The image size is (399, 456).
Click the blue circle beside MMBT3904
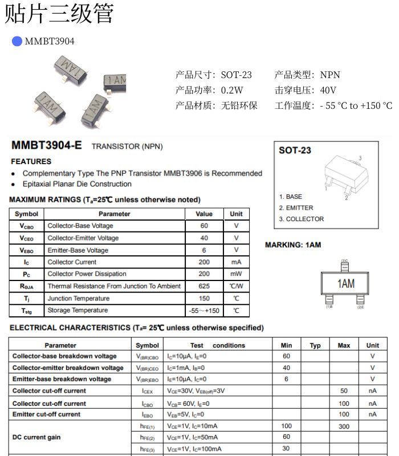click(17, 41)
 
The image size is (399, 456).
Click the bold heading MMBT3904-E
click(47, 145)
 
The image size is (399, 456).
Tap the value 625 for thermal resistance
click(204, 286)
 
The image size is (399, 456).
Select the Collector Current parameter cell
click(72, 262)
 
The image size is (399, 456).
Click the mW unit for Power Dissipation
click(236, 274)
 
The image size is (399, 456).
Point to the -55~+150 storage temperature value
click(204, 311)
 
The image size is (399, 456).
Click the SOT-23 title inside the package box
click(295, 150)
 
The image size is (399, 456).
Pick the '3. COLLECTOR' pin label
click(301, 219)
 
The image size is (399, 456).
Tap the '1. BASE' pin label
click(291, 197)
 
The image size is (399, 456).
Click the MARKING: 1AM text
click(293, 245)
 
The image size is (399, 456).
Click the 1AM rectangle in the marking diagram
click(345, 283)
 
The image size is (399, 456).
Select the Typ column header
click(315, 345)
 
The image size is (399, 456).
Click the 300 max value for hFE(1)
click(344, 426)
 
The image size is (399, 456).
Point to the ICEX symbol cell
click(147, 391)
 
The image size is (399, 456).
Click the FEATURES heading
click(31, 161)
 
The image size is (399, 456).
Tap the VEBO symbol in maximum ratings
click(26, 250)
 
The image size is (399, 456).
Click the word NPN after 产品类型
click(330, 75)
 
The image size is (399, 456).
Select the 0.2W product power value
click(232, 90)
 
